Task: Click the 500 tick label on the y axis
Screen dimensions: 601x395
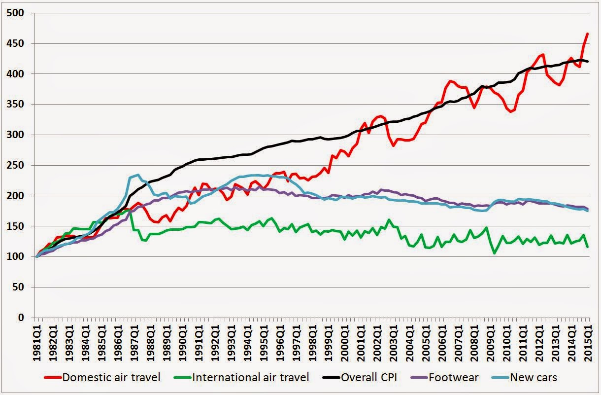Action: coord(15,13)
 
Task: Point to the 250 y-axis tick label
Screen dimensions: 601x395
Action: coord(15,165)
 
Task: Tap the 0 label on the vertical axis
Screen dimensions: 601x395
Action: coord(21,318)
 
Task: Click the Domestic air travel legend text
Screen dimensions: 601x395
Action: coord(111,377)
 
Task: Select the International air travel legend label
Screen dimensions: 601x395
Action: coord(251,377)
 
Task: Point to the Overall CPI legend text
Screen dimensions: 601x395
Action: coord(368,377)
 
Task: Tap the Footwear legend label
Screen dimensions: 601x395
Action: coord(453,377)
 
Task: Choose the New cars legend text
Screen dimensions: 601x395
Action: coord(534,377)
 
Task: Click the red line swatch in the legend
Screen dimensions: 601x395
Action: coord(53,378)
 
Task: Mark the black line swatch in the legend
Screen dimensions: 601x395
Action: coord(331,378)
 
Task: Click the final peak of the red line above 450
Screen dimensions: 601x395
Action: coord(588,41)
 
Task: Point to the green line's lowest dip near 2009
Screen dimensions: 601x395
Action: coord(495,253)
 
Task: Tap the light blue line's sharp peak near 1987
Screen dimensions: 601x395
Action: coord(138,175)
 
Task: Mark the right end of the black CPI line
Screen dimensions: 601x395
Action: coord(588,62)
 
